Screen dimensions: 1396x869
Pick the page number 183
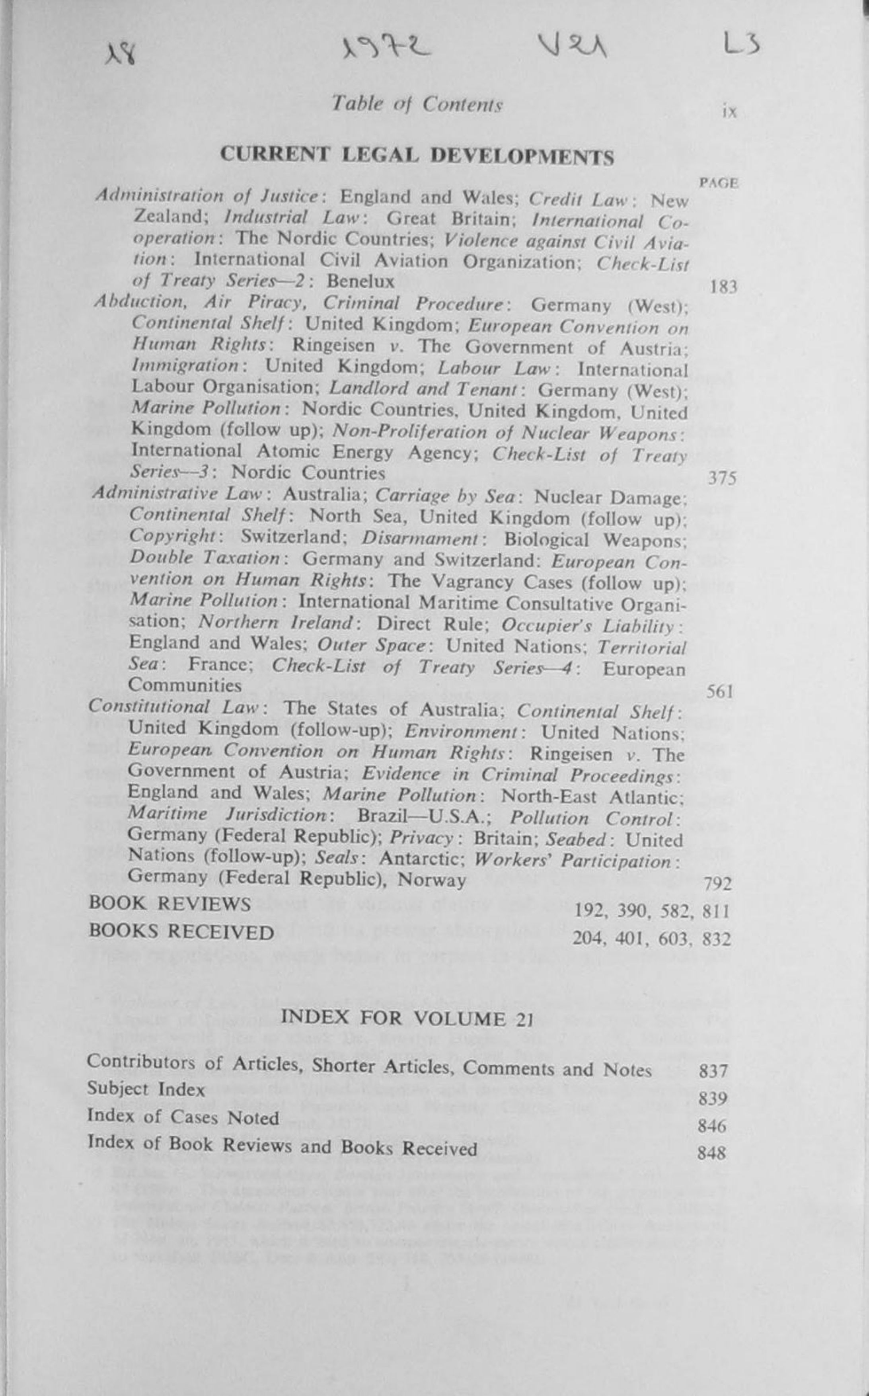pos(723,286)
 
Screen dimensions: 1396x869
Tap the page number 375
pos(722,478)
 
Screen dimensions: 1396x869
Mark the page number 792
pos(718,884)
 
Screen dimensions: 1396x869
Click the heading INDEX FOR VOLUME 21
pos(407,1018)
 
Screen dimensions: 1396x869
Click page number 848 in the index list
pos(711,1153)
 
